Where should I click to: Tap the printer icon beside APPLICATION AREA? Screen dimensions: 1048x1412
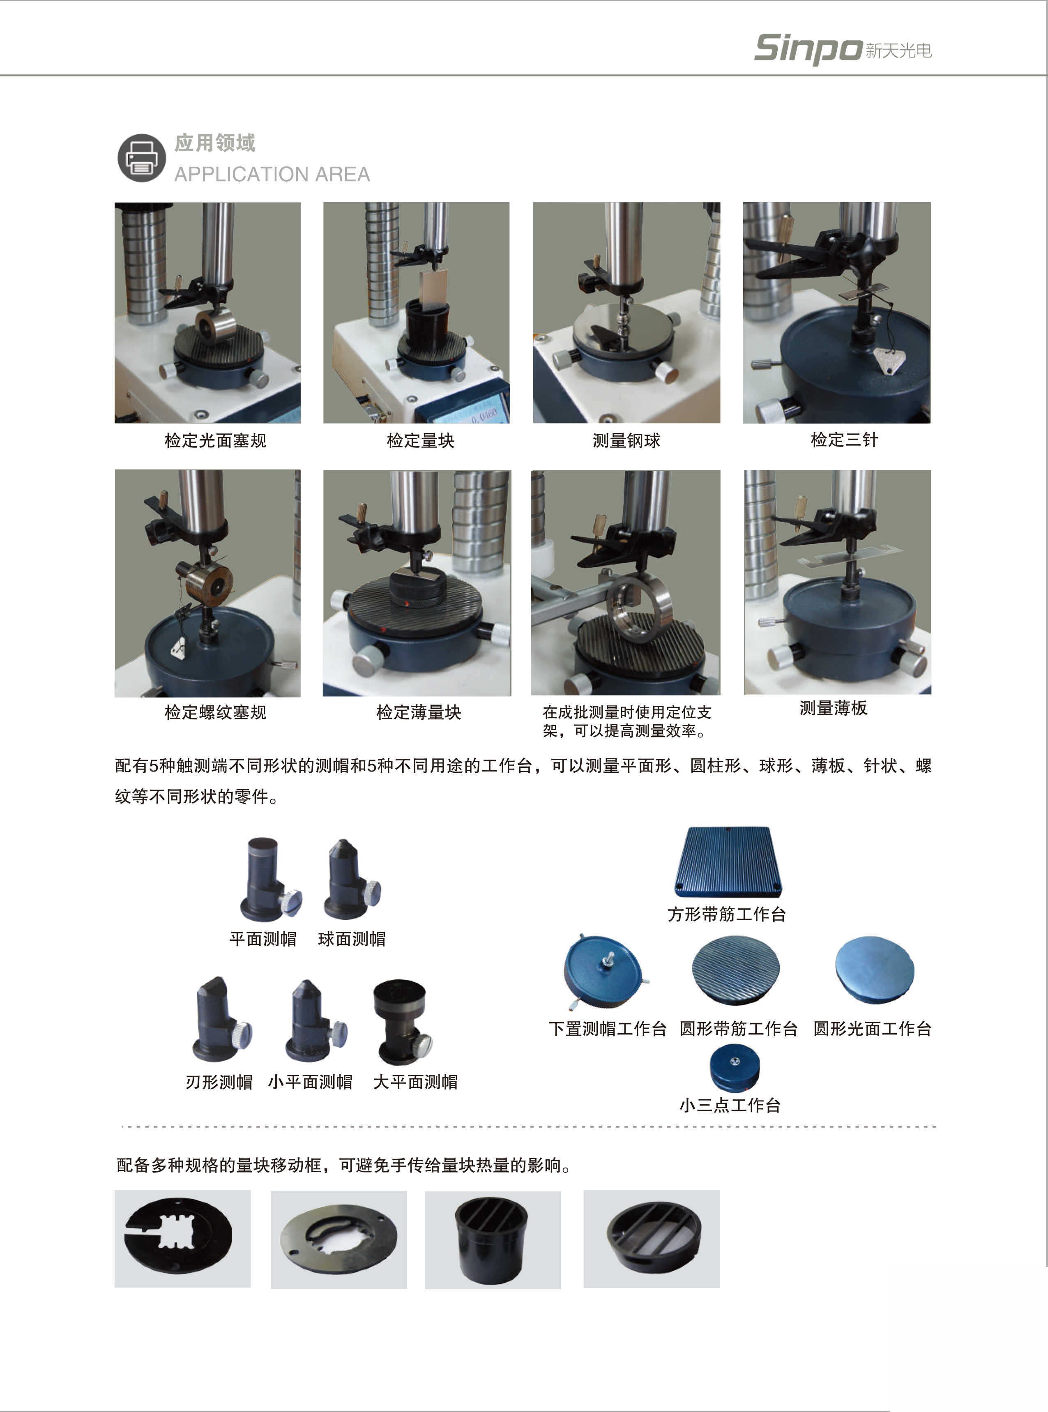click(141, 158)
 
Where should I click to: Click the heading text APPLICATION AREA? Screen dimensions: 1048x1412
click(272, 175)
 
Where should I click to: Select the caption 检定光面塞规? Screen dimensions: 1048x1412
click(216, 440)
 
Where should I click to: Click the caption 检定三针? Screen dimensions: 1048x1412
click(844, 440)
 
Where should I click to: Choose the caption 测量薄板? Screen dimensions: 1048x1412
click(833, 708)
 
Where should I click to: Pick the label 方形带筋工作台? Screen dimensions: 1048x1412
click(727, 914)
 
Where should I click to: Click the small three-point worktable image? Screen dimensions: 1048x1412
click(734, 1069)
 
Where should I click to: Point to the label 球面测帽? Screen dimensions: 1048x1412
click(352, 939)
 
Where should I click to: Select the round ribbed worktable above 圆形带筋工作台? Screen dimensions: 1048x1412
click(736, 970)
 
